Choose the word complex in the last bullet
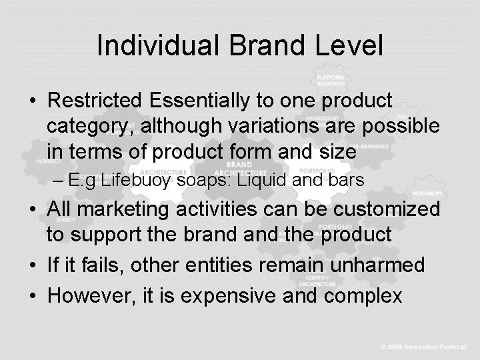369,296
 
